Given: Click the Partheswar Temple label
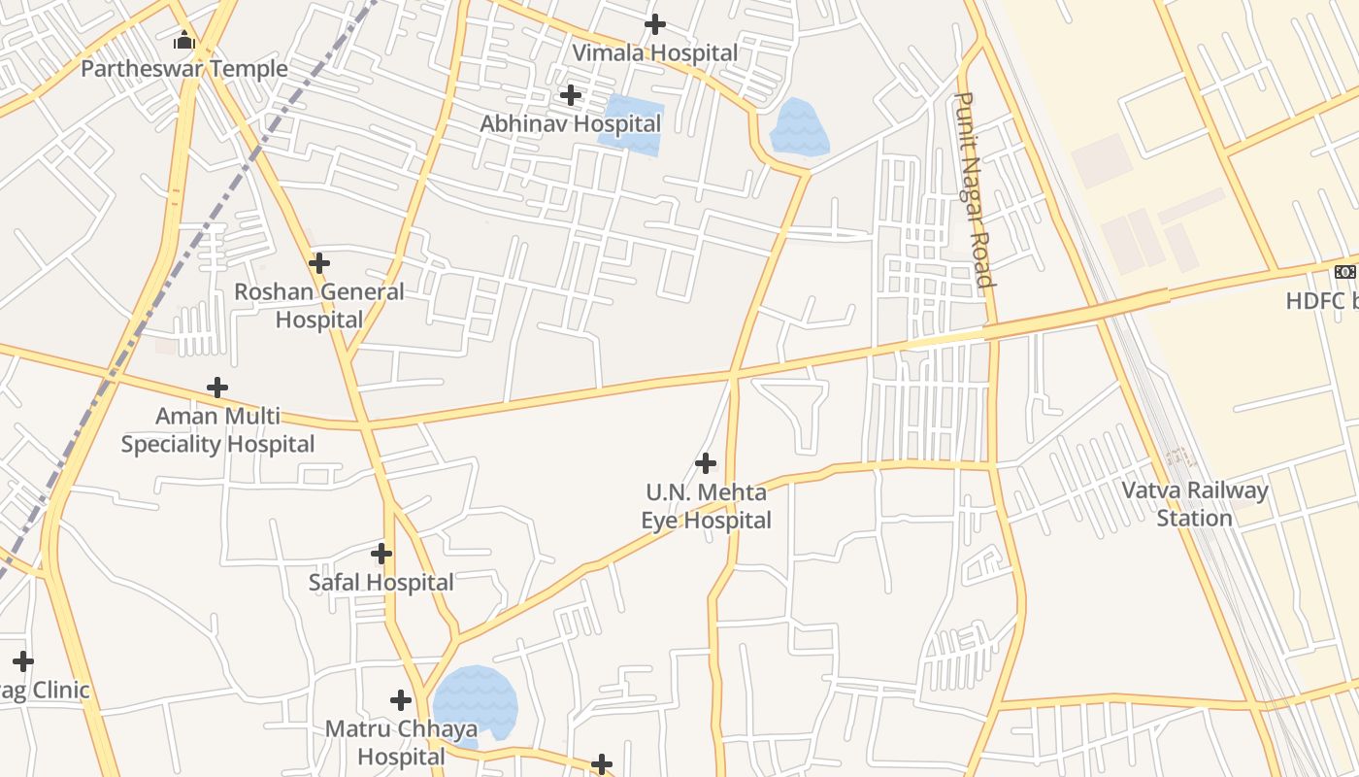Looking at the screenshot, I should coord(184,69).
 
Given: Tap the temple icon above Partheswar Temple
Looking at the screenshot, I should coord(184,41).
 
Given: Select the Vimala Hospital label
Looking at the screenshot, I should coord(655,52).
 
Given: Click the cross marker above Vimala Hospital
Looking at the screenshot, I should coord(655,23).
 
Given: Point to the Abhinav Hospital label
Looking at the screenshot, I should coord(571,123).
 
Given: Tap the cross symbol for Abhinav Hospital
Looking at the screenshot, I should coord(571,94).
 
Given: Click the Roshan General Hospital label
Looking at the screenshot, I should coord(319,305).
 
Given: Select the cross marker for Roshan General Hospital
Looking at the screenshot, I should coord(319,262).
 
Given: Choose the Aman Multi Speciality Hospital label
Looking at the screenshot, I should coord(217,430).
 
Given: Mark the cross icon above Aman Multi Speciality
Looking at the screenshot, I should coord(217,388).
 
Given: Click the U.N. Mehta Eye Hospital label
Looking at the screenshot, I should coord(706,506).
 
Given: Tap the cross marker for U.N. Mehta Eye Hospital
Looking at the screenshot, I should coord(706,462).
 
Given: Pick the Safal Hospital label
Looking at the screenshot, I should coord(381,583).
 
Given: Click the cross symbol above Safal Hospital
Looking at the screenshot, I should coord(381,554).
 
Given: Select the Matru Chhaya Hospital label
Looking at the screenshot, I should coord(401,742).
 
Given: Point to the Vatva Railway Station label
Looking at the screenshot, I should coord(1195,503).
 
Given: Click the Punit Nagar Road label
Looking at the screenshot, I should coord(976,191).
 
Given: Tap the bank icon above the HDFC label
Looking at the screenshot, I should coord(1345,271).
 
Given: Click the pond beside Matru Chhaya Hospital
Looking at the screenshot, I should coord(475,701).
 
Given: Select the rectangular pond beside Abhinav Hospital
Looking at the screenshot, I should coord(631,124).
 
